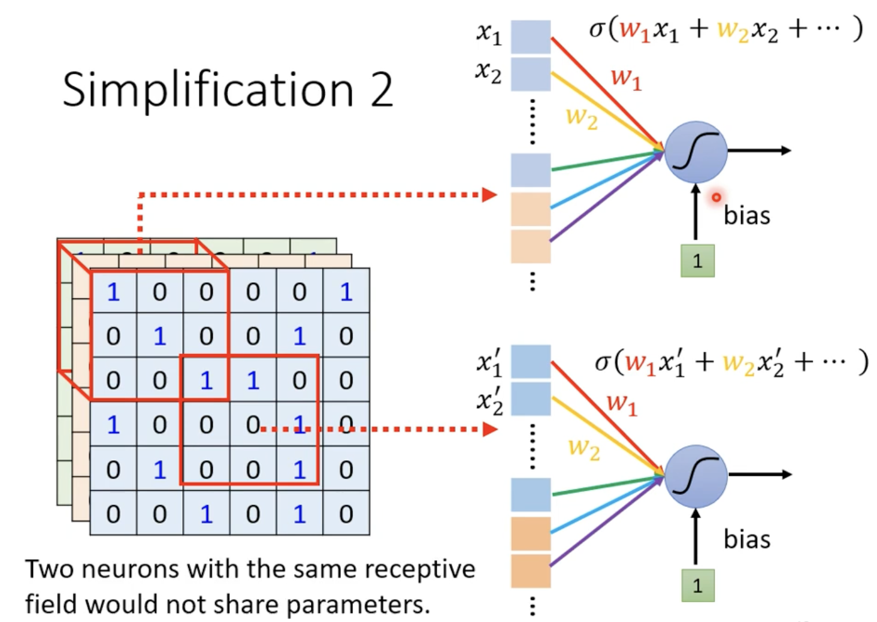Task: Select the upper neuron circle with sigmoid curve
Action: click(x=695, y=152)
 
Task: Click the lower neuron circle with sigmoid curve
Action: click(x=695, y=476)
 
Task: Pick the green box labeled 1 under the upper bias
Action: click(x=697, y=261)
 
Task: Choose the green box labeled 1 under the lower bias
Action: click(x=698, y=585)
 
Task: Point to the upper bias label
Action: click(x=746, y=215)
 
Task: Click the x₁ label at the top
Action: click(x=489, y=34)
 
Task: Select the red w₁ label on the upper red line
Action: click(x=627, y=78)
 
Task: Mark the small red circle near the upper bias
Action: click(x=716, y=197)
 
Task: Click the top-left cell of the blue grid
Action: click(x=114, y=291)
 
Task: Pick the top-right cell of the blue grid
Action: click(x=346, y=291)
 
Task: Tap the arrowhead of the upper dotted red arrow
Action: click(x=489, y=195)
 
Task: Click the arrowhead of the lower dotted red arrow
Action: click(x=490, y=429)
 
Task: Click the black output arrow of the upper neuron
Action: click(x=760, y=150)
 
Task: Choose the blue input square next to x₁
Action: click(x=531, y=37)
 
